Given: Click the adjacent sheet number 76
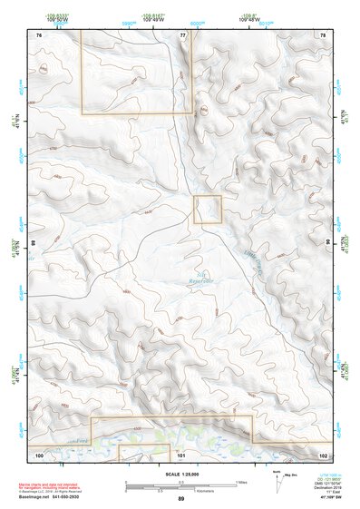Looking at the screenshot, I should (39, 34).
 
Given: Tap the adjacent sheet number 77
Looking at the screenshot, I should (182, 34).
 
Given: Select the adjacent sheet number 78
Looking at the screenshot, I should (323, 34).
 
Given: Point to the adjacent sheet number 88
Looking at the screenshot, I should (34, 243).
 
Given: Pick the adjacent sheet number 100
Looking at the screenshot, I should (39, 454).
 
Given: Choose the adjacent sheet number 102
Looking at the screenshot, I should (324, 454).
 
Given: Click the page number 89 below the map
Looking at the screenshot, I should (180, 498).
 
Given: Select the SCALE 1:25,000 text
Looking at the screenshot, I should (180, 475).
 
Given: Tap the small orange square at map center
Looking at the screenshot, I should (207, 210).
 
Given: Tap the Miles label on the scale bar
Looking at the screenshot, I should (241, 481).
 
